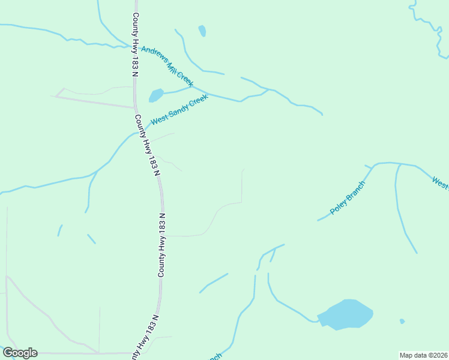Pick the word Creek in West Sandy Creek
point(198,100)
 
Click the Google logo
point(20,353)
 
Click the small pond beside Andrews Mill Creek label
point(156,95)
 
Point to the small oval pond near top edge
point(202,31)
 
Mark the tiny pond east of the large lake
point(402,321)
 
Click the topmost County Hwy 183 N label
point(136,45)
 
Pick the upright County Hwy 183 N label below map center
point(161,245)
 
